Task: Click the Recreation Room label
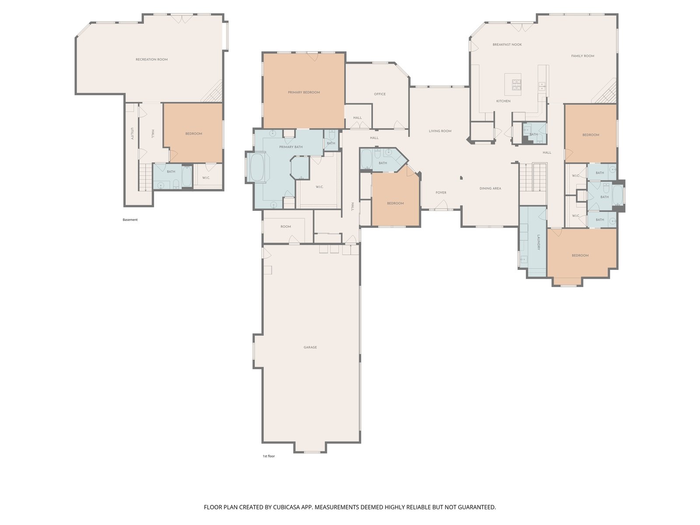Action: pyautogui.click(x=151, y=59)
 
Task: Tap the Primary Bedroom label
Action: pyautogui.click(x=304, y=92)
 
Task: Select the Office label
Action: pyautogui.click(x=379, y=94)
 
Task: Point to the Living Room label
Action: pyautogui.click(x=440, y=131)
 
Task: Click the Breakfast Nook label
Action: pyautogui.click(x=507, y=45)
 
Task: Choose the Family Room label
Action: pyautogui.click(x=582, y=56)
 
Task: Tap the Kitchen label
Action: pyautogui.click(x=503, y=101)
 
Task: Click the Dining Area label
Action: pyautogui.click(x=490, y=189)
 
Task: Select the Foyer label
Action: pyautogui.click(x=441, y=192)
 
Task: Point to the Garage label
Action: pyautogui.click(x=310, y=347)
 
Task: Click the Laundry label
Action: pyautogui.click(x=539, y=242)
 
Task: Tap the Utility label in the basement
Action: pyautogui.click(x=132, y=133)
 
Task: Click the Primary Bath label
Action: pyautogui.click(x=291, y=147)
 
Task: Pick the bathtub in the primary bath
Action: pyautogui.click(x=257, y=168)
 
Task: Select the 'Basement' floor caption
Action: pyautogui.click(x=130, y=220)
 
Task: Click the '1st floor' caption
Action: pyautogui.click(x=269, y=456)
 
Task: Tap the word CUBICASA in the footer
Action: pyautogui.click(x=286, y=507)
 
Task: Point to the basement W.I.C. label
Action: pyautogui.click(x=206, y=178)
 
